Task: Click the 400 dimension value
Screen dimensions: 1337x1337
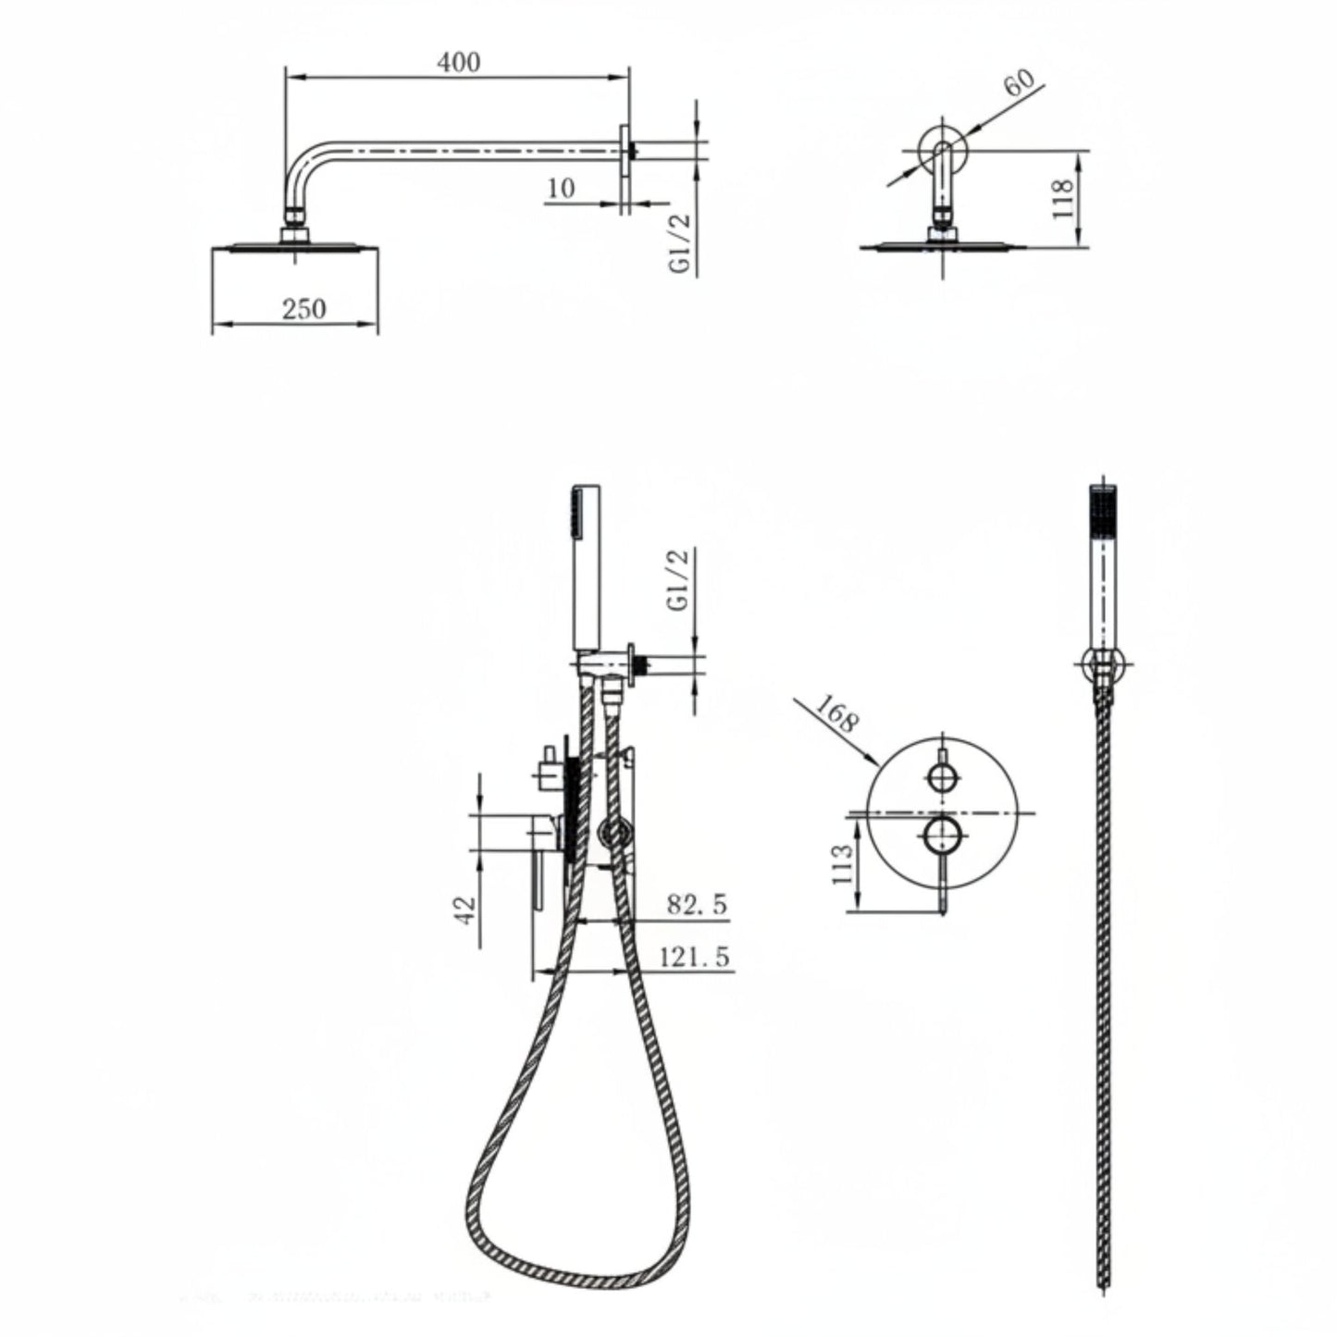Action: click(x=459, y=62)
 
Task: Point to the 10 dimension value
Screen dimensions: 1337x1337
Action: click(x=562, y=188)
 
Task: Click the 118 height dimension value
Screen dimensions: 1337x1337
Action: click(x=1063, y=198)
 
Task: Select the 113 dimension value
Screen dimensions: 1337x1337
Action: click(x=841, y=865)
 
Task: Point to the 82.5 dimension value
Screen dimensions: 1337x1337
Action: click(x=698, y=904)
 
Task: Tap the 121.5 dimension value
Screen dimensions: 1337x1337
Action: click(x=695, y=957)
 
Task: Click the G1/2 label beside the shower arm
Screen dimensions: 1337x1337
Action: click(x=682, y=243)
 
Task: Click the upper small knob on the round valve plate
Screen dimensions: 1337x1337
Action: click(x=943, y=776)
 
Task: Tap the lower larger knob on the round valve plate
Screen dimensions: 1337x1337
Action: click(x=943, y=835)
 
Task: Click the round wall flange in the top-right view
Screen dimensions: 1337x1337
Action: click(x=943, y=149)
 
